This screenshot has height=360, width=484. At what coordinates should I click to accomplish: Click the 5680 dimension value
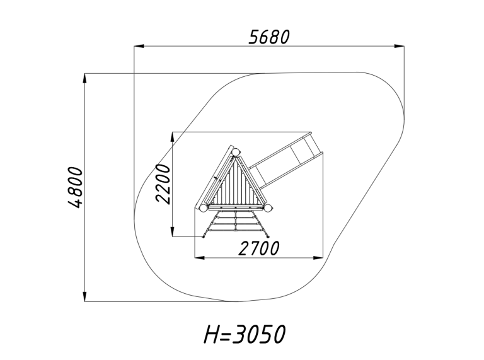point(269,37)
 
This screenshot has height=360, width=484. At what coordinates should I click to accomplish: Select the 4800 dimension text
point(75,187)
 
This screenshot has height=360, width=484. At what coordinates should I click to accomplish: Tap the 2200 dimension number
point(163,183)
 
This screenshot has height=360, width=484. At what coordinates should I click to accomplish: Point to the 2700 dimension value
point(258,248)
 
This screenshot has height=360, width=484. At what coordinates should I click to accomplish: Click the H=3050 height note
point(245,334)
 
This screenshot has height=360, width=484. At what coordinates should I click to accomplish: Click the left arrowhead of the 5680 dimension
point(139,46)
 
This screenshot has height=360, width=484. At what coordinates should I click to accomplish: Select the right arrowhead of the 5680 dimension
point(400,46)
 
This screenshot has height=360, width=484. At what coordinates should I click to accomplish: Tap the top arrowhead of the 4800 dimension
point(85,78)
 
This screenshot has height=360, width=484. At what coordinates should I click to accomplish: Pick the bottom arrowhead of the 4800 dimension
point(85,296)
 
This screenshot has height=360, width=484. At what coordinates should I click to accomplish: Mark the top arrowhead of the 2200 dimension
point(173,137)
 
